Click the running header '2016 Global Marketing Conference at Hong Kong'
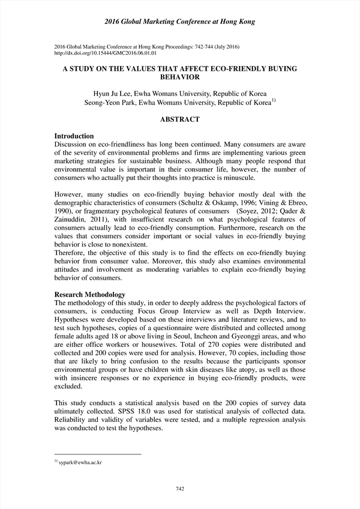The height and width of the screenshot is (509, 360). [179, 22]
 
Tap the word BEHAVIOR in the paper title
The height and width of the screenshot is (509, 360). [180, 77]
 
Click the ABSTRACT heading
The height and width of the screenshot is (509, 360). [179, 119]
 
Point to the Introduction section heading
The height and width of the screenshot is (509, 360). [74, 136]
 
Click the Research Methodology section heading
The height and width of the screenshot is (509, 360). [90, 295]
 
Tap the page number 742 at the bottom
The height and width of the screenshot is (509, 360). [179, 489]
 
